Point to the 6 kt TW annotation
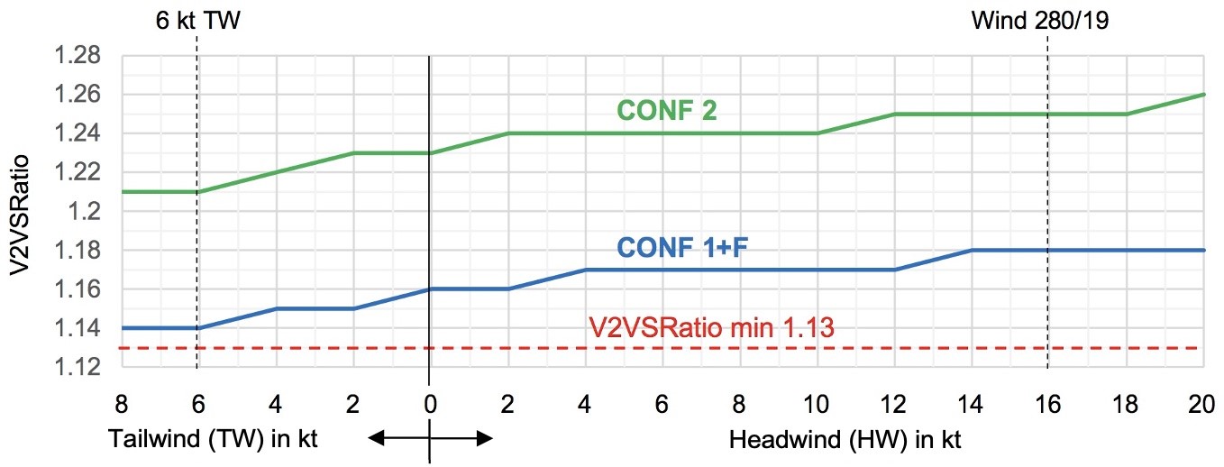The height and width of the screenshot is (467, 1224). point(197,20)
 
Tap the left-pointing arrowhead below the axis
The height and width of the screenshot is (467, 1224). point(375,439)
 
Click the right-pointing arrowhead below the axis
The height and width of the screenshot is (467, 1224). point(487,439)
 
